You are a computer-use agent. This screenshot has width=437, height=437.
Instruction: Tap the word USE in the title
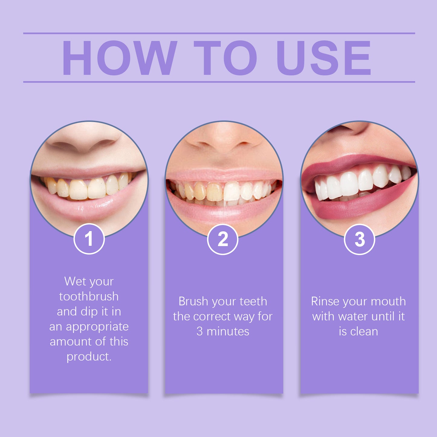(x=323, y=58)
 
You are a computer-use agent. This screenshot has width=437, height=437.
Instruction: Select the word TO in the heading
(x=225, y=58)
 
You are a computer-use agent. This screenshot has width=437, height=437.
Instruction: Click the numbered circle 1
(x=89, y=239)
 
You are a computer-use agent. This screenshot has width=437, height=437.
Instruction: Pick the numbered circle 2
(x=223, y=239)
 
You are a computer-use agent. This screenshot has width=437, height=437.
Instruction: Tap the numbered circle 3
(x=359, y=239)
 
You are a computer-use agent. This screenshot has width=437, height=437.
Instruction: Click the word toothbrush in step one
(x=89, y=297)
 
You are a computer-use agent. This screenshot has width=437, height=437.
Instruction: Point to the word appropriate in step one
(x=97, y=327)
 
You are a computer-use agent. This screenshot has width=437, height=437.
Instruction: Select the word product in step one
(x=88, y=357)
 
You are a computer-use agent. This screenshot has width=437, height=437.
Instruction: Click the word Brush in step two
(x=193, y=302)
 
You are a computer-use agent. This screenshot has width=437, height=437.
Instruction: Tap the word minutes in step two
(x=228, y=331)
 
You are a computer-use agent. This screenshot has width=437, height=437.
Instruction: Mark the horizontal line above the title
(x=219, y=33)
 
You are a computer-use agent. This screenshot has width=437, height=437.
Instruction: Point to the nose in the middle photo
(x=224, y=139)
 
